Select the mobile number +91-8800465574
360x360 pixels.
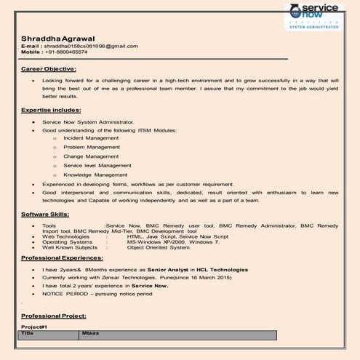(x=65, y=52)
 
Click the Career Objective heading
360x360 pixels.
(x=49, y=68)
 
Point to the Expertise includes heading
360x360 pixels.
(x=51, y=110)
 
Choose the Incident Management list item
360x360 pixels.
(x=91, y=137)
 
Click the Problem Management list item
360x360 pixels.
(x=92, y=146)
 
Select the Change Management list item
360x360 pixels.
(x=91, y=156)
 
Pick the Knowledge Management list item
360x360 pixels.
(x=95, y=175)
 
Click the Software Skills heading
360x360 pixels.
(x=45, y=215)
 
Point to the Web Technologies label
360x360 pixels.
(x=66, y=236)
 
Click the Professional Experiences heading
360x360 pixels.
(x=62, y=258)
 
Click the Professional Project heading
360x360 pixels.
(x=54, y=316)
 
